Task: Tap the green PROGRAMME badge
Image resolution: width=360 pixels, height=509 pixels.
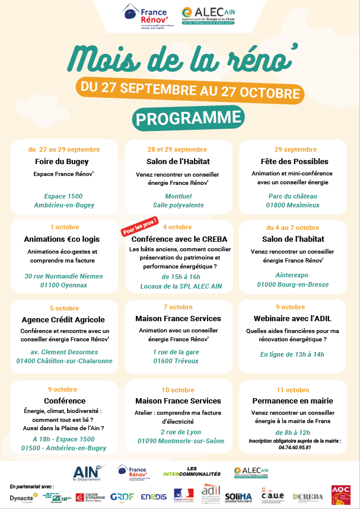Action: (x=180, y=118)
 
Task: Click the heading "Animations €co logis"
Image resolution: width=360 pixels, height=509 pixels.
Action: (x=62, y=239)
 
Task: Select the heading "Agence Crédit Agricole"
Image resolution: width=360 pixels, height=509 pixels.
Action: (x=63, y=319)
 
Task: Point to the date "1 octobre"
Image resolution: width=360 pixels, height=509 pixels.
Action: (x=64, y=227)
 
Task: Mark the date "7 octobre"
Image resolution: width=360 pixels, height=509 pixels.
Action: (x=178, y=308)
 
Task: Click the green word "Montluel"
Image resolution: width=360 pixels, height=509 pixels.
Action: (x=178, y=196)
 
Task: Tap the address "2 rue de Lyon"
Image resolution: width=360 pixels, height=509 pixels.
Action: (x=178, y=432)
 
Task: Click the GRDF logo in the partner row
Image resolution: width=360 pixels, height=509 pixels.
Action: (x=122, y=497)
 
